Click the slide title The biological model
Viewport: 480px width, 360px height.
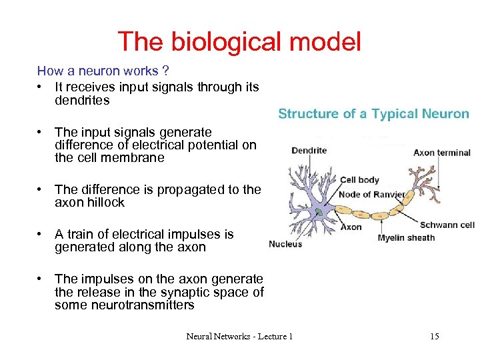click(239, 41)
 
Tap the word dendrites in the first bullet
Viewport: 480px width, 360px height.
click(83, 101)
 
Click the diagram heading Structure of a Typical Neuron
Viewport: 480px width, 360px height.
click(373, 114)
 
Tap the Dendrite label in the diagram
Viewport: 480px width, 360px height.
click(309, 150)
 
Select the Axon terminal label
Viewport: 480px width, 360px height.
click(442, 153)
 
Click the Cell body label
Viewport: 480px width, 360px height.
click(359, 179)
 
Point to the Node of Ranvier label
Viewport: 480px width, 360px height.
click(371, 195)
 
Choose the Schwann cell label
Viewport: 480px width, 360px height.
click(447, 225)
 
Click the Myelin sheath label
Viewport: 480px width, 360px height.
click(406, 237)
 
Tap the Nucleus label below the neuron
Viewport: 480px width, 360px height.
click(285, 244)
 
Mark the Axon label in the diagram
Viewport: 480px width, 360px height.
click(351, 227)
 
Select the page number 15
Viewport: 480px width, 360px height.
click(435, 337)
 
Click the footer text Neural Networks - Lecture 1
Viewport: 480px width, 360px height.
click(239, 337)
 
